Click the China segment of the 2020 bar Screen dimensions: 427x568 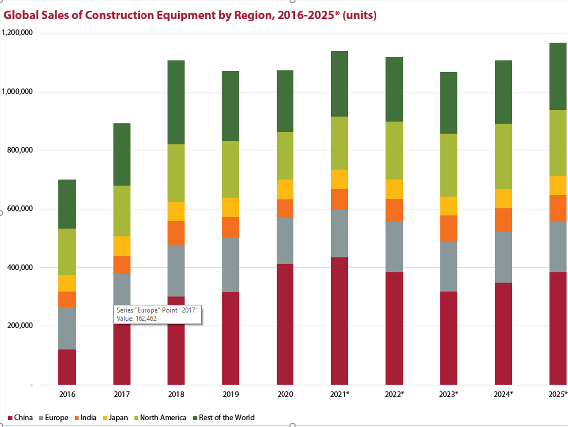pos(285,324)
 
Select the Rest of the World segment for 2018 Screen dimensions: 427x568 pos(176,102)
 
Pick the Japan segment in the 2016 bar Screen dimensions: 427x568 pos(67,283)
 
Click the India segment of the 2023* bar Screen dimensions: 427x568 pos(448,228)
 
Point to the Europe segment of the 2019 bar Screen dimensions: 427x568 pos(230,265)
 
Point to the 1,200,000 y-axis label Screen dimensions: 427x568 pos(18,33)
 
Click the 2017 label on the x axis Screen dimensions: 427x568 pos(122,394)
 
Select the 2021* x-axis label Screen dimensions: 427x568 pos(339,394)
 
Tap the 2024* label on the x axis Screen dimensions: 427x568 pos(503,394)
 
